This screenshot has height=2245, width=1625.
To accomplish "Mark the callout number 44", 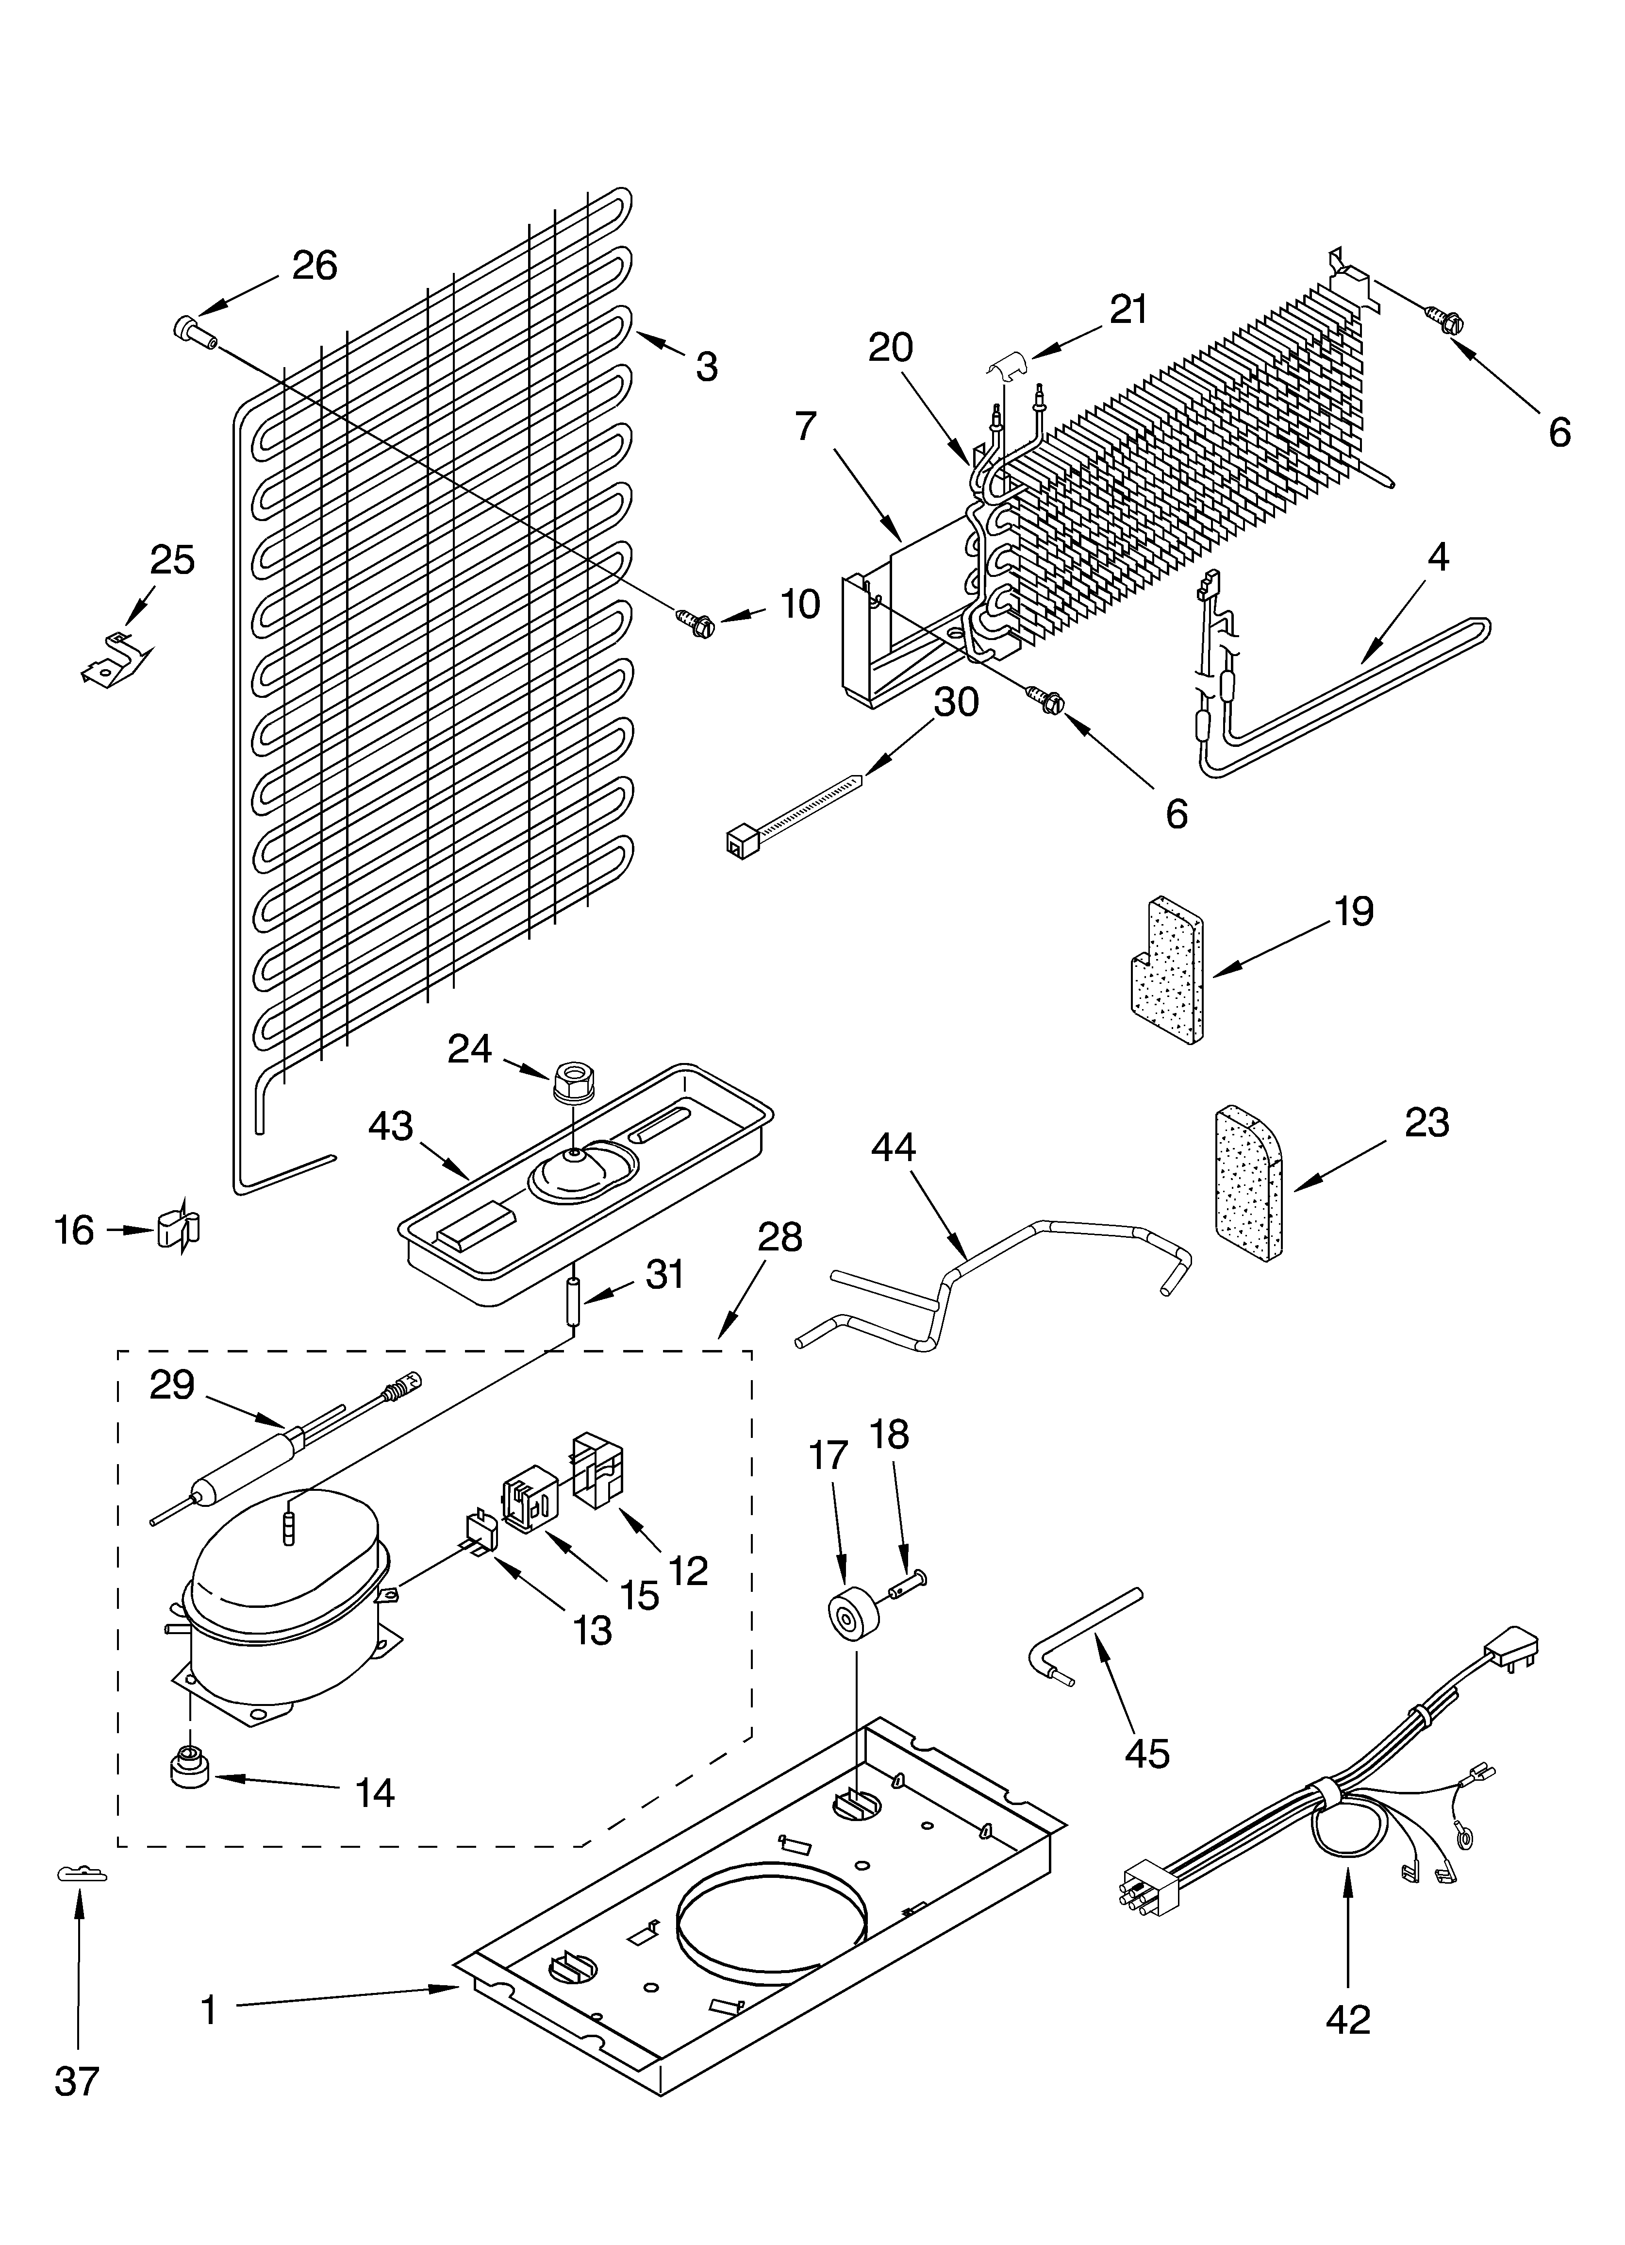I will (894, 1148).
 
